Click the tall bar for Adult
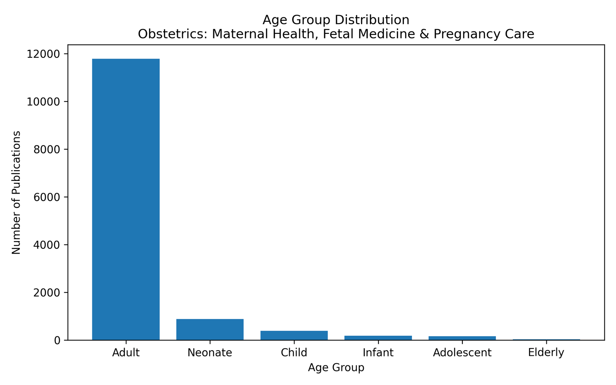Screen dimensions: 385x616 (126, 199)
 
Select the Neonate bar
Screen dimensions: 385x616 (210, 330)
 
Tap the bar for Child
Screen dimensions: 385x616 (294, 335)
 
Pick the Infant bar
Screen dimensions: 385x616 (378, 338)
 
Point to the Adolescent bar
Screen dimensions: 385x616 (462, 338)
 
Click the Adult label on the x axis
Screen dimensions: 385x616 (126, 353)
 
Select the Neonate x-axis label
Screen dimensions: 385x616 (210, 353)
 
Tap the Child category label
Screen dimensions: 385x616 (294, 353)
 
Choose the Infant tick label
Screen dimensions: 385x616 (378, 353)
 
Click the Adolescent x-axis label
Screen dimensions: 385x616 (462, 353)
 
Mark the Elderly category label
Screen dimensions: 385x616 (546, 353)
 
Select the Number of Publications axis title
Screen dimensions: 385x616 (16, 192)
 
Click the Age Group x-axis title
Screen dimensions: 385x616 (336, 368)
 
